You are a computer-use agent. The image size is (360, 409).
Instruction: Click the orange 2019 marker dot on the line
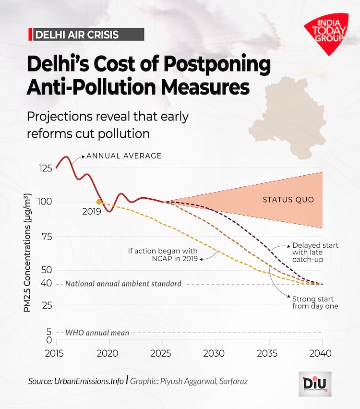(x=99, y=202)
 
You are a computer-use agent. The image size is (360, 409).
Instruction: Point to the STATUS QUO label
(x=288, y=200)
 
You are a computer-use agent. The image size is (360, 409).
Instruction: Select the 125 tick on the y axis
(x=46, y=168)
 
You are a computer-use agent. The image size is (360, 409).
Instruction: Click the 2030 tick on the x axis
(x=216, y=353)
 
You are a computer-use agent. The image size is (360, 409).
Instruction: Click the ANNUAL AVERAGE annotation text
(x=123, y=156)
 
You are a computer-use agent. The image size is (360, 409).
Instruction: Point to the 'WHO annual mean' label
(x=97, y=333)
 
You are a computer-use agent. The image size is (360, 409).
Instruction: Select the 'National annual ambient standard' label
(x=123, y=284)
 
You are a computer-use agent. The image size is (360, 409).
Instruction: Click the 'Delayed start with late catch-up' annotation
(x=315, y=252)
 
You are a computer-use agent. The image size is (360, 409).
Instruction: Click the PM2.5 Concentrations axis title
(x=28, y=252)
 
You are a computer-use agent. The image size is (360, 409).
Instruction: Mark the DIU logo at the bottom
(x=314, y=384)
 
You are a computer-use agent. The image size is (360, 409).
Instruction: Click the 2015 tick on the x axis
(x=57, y=353)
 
